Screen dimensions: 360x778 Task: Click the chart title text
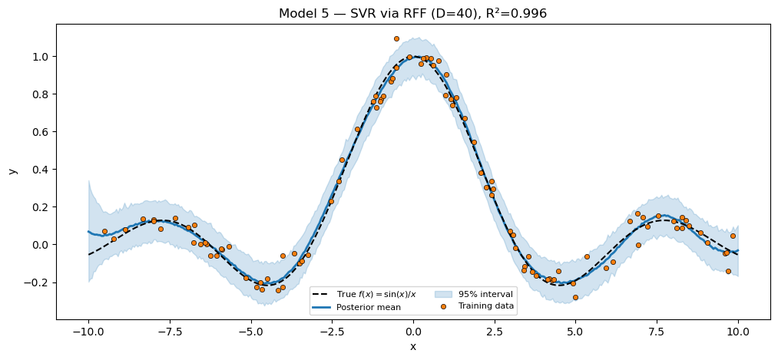(x=412, y=13)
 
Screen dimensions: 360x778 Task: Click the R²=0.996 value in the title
(x=515, y=13)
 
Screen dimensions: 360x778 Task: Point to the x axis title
(x=413, y=347)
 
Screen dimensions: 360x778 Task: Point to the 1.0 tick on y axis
(x=40, y=57)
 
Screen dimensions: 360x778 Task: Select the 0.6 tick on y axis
(x=40, y=132)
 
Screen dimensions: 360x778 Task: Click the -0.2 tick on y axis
(x=37, y=282)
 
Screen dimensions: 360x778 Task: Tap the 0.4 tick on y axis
(x=40, y=170)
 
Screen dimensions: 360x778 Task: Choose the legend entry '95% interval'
(x=485, y=294)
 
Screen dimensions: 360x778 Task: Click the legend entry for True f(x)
(x=376, y=294)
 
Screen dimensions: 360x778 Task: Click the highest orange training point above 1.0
(x=396, y=38)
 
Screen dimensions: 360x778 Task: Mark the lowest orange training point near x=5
(x=575, y=297)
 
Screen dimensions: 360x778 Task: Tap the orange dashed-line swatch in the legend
(x=323, y=294)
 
